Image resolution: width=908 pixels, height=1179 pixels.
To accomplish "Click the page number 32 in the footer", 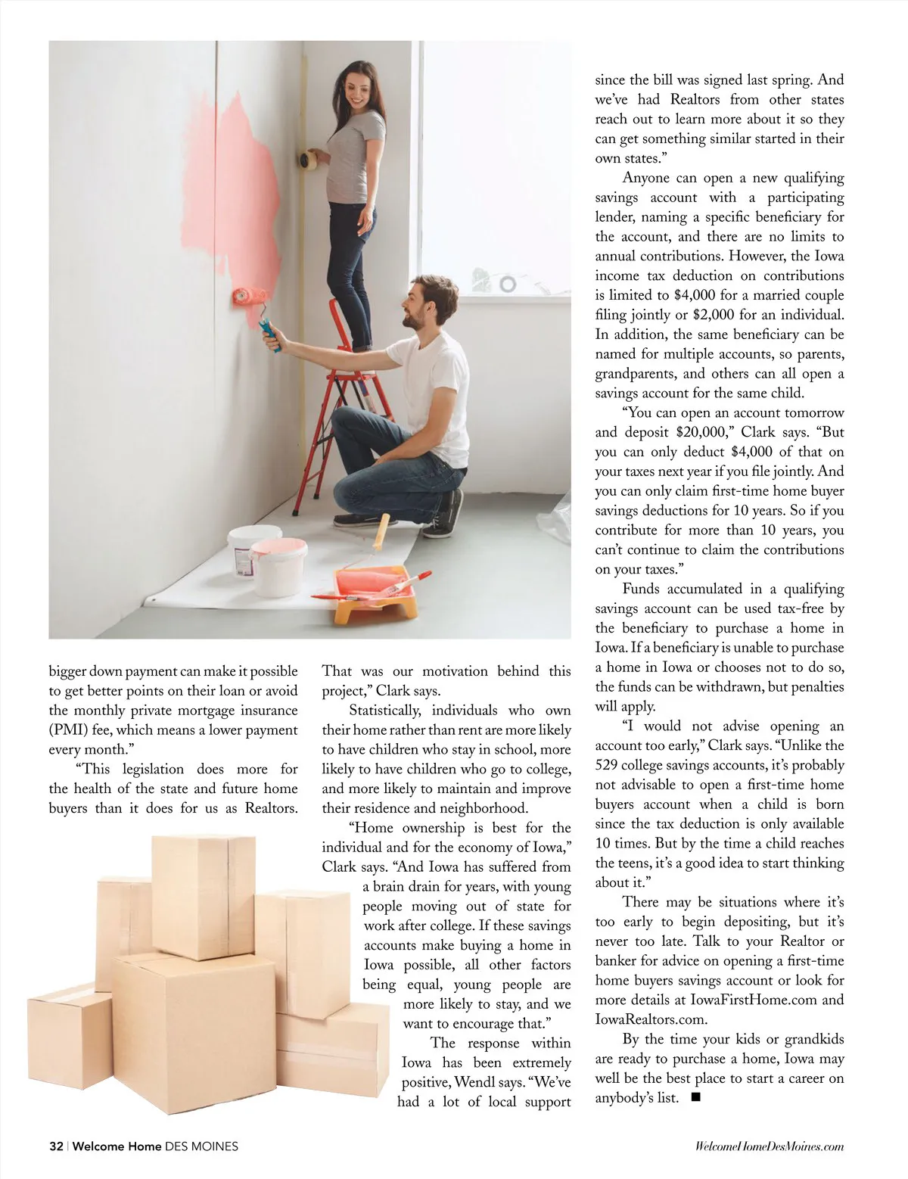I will coord(56,1146).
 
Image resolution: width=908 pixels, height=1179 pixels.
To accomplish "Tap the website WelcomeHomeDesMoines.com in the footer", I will coord(769,1146).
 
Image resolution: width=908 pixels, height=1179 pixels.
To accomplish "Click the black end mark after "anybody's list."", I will coord(696,1097).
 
